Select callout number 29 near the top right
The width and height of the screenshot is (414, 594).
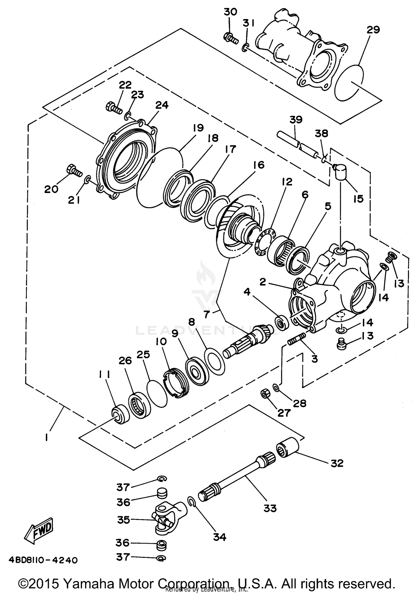pos(373,30)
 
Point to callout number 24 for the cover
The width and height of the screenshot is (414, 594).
pos(162,105)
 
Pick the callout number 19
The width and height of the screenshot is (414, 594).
pos(198,128)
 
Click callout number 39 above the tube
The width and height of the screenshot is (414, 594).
pos(296,120)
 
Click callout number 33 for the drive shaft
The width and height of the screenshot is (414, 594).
pos(270,508)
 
